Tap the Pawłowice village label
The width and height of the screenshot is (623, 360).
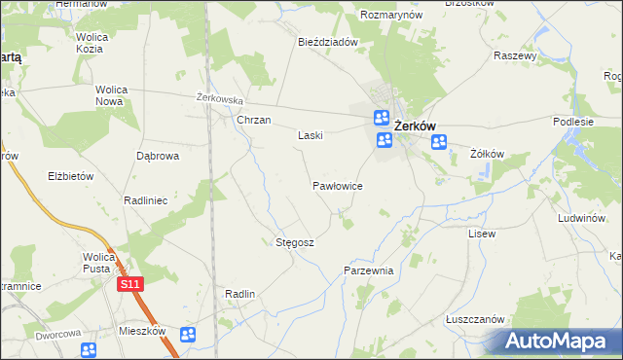tap(338, 184)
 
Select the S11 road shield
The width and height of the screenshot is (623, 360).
tap(130, 284)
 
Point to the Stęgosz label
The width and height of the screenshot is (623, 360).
tap(295, 242)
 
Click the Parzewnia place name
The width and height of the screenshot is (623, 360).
tap(368, 270)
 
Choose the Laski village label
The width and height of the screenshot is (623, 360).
tap(310, 136)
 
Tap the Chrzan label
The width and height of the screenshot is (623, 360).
tap(253, 121)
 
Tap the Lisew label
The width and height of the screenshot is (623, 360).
tap(482, 234)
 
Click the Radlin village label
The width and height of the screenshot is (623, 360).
tap(239, 294)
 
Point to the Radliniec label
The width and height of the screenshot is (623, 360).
tap(146, 199)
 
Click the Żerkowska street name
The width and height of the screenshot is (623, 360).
tap(219, 98)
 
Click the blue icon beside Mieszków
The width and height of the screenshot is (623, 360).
tap(188, 335)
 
